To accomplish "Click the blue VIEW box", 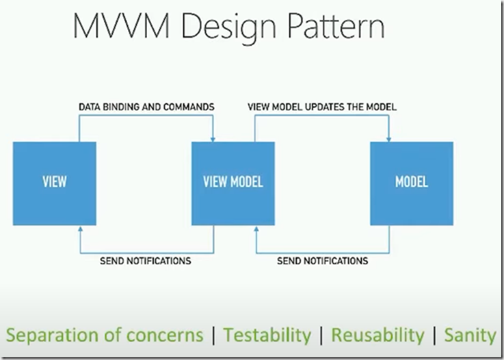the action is [x=55, y=183].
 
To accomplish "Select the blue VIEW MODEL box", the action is [x=233, y=183].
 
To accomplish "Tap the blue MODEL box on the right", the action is [x=412, y=183].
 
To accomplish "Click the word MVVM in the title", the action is [x=122, y=26].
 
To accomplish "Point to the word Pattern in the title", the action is [x=336, y=26].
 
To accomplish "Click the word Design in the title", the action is [x=228, y=28].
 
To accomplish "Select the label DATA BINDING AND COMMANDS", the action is [x=146, y=107].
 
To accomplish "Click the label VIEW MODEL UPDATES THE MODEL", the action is [x=322, y=107].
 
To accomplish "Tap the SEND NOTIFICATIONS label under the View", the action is [x=145, y=261].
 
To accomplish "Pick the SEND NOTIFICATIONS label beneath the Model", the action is [x=322, y=261].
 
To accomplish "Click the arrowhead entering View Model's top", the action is [x=213, y=140].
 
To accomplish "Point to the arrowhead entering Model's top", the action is [x=388, y=140].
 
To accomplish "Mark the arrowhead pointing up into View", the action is [x=81, y=229].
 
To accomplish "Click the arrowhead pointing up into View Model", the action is [x=256, y=229].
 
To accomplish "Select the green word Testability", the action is [x=267, y=335].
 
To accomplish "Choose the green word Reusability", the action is [x=377, y=335].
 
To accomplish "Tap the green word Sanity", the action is [x=470, y=335].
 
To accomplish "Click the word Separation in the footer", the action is [x=53, y=335].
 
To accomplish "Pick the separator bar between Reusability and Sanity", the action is [x=434, y=335].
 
